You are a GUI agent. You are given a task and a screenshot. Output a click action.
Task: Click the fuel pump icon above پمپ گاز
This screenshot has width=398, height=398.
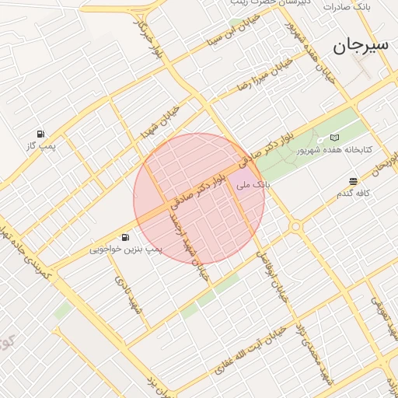point(41,134)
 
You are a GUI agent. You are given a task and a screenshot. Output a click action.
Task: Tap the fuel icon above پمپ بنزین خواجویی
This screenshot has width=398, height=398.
point(124,237)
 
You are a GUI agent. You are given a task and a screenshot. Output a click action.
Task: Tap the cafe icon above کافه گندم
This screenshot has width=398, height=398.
point(353,181)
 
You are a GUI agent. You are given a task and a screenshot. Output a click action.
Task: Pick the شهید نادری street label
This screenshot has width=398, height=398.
point(129,295)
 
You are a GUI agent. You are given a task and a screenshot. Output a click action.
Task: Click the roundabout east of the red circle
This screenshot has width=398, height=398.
point(295,226)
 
